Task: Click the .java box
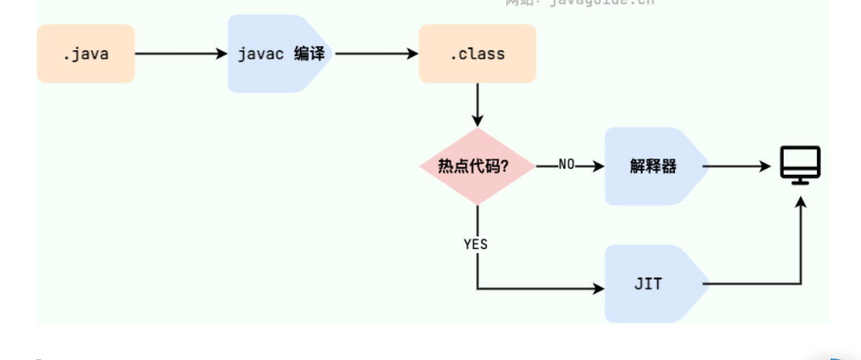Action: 86,54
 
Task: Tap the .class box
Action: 477,54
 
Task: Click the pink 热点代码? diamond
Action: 477,166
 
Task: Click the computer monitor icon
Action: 800,165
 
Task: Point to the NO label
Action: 566,164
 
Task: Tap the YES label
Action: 475,245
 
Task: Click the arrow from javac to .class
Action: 376,54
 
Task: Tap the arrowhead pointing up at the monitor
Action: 800,201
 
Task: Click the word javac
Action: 260,55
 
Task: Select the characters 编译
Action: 309,55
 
